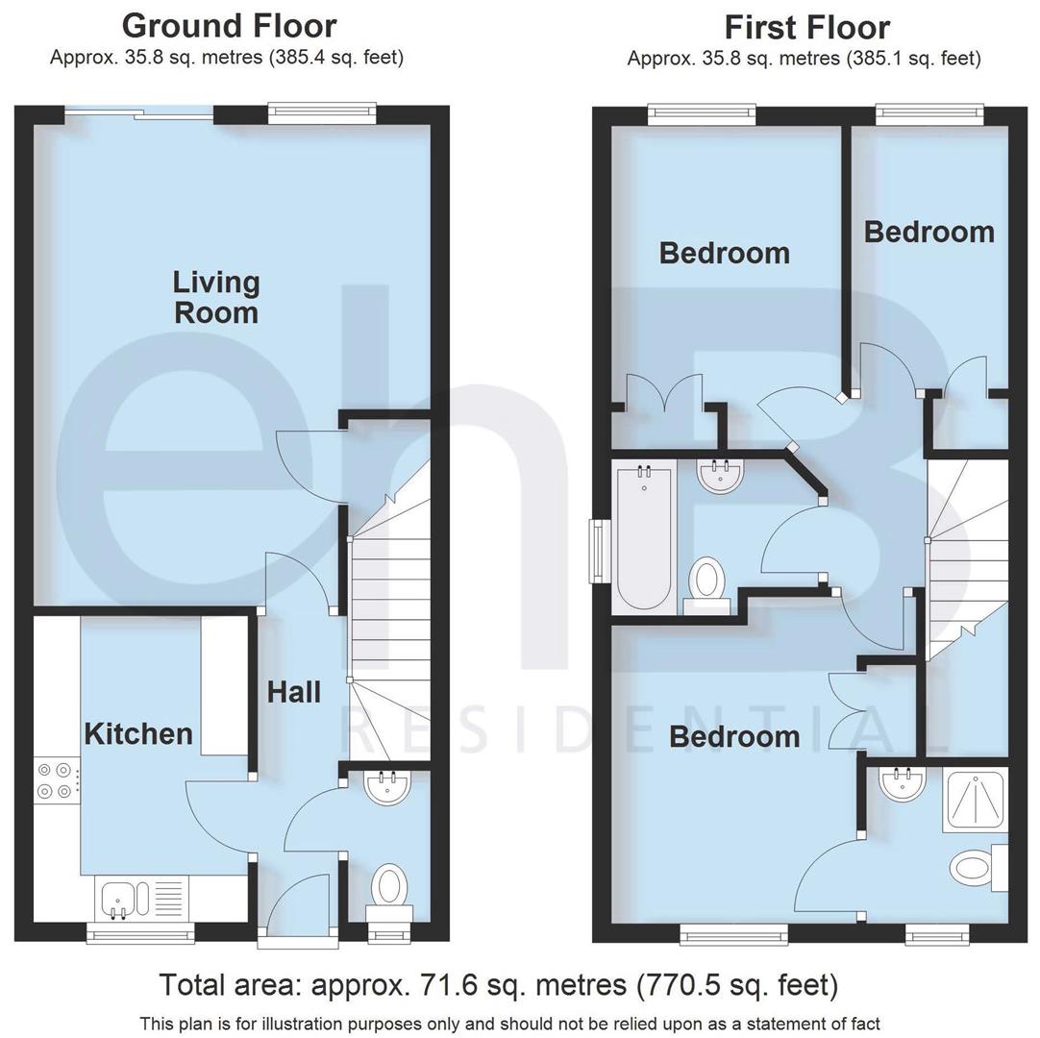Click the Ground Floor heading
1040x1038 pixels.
(x=229, y=26)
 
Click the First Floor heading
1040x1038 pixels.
(x=806, y=27)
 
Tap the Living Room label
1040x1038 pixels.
(x=216, y=297)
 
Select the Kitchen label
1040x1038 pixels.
(x=138, y=734)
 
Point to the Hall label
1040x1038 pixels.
(x=293, y=692)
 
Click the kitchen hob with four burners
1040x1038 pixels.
(x=55, y=779)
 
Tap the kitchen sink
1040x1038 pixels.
(x=121, y=899)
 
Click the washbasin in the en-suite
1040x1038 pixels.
(x=902, y=783)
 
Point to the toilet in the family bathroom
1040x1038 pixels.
(x=708, y=582)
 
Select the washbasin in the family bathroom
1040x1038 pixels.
(x=720, y=475)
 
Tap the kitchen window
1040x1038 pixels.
(x=140, y=930)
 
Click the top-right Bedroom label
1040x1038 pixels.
(x=929, y=232)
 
